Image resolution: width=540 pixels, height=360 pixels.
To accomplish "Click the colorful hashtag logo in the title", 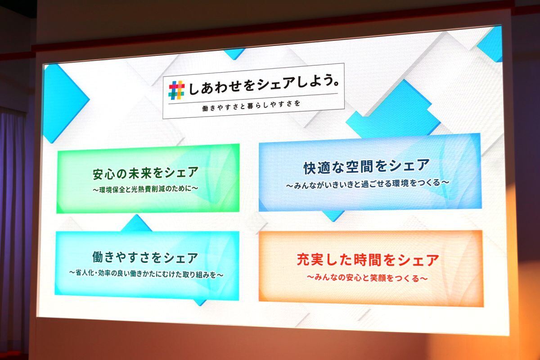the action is (177, 90).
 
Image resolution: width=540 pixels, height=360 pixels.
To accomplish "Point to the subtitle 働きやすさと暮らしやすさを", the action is (251, 106).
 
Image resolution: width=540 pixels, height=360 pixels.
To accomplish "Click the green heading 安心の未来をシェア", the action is (146, 173).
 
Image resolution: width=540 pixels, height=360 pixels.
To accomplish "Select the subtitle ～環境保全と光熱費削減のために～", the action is (145, 189).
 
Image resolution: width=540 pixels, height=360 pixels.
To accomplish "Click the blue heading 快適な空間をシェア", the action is (366, 166).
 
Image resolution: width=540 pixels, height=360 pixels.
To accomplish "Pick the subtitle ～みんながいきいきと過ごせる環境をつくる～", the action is (368, 184).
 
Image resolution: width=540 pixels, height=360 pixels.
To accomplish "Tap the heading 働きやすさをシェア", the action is (145, 257).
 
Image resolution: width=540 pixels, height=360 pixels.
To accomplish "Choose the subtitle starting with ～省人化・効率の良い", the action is (146, 274).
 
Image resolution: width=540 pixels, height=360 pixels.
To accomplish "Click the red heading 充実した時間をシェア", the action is (368, 260).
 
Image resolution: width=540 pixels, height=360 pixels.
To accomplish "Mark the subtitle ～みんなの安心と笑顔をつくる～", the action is (367, 278).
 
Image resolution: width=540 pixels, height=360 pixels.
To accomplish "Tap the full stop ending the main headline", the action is (336, 83).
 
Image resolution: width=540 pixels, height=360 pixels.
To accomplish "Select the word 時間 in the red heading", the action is (373, 260).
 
